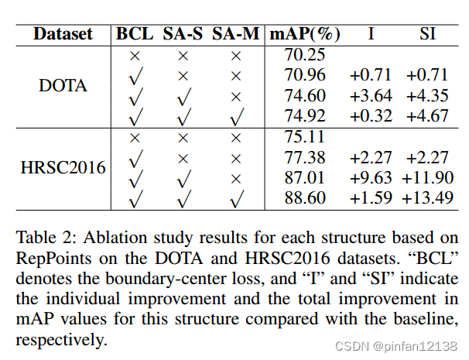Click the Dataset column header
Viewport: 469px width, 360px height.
coord(63,34)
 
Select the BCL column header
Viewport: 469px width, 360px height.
coord(136,34)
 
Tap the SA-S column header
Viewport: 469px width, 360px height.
coord(183,34)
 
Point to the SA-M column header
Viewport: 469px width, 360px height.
coord(236,34)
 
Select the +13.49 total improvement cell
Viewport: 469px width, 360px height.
coord(427,197)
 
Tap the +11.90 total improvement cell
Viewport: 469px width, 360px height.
coord(427,177)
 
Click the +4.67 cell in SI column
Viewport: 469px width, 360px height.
coord(427,116)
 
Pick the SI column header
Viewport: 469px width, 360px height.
coord(426,34)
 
